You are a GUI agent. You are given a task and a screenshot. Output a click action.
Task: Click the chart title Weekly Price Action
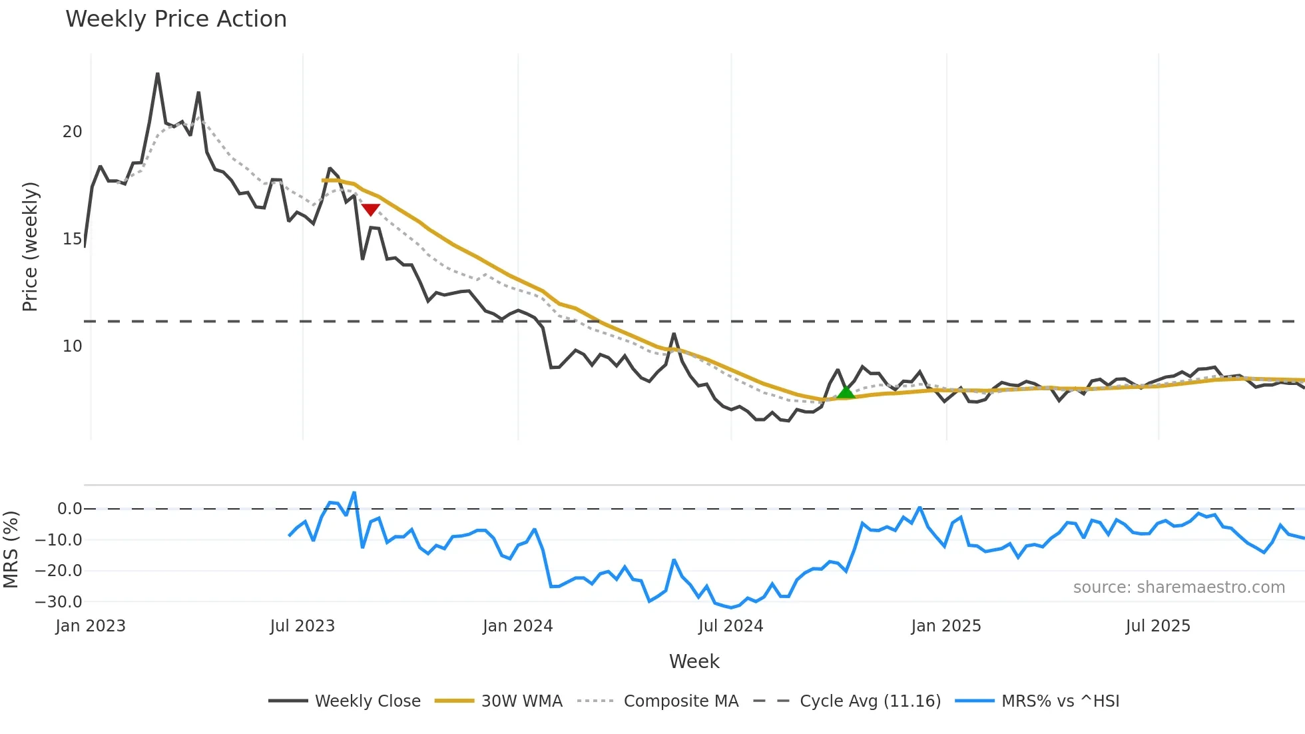coord(176,19)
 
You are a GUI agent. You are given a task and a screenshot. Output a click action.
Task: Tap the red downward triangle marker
coord(370,210)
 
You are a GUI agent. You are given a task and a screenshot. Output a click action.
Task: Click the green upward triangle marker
coord(846,392)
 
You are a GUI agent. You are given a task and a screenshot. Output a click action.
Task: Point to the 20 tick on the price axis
coord(72,132)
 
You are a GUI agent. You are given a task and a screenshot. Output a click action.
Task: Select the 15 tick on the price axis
coord(72,239)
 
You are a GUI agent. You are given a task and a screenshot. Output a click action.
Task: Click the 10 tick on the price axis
coord(72,346)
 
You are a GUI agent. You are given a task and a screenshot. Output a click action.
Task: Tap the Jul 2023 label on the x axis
coord(302,626)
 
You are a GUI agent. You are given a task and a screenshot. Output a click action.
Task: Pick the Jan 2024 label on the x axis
coord(517,626)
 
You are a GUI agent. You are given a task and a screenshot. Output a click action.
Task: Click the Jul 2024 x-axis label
coord(730,626)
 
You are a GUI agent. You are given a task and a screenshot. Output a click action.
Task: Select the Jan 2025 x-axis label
coord(945,626)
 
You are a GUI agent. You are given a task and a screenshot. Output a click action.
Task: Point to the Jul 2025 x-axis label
coord(1158,626)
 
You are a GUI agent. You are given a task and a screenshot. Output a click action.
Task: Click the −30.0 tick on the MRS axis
coord(59,602)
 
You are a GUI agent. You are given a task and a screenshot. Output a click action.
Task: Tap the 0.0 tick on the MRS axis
coord(69,509)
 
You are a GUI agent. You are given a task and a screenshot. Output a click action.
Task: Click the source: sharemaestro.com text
coord(1178,587)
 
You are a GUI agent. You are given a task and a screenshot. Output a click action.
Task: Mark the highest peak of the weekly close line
coord(158,73)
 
